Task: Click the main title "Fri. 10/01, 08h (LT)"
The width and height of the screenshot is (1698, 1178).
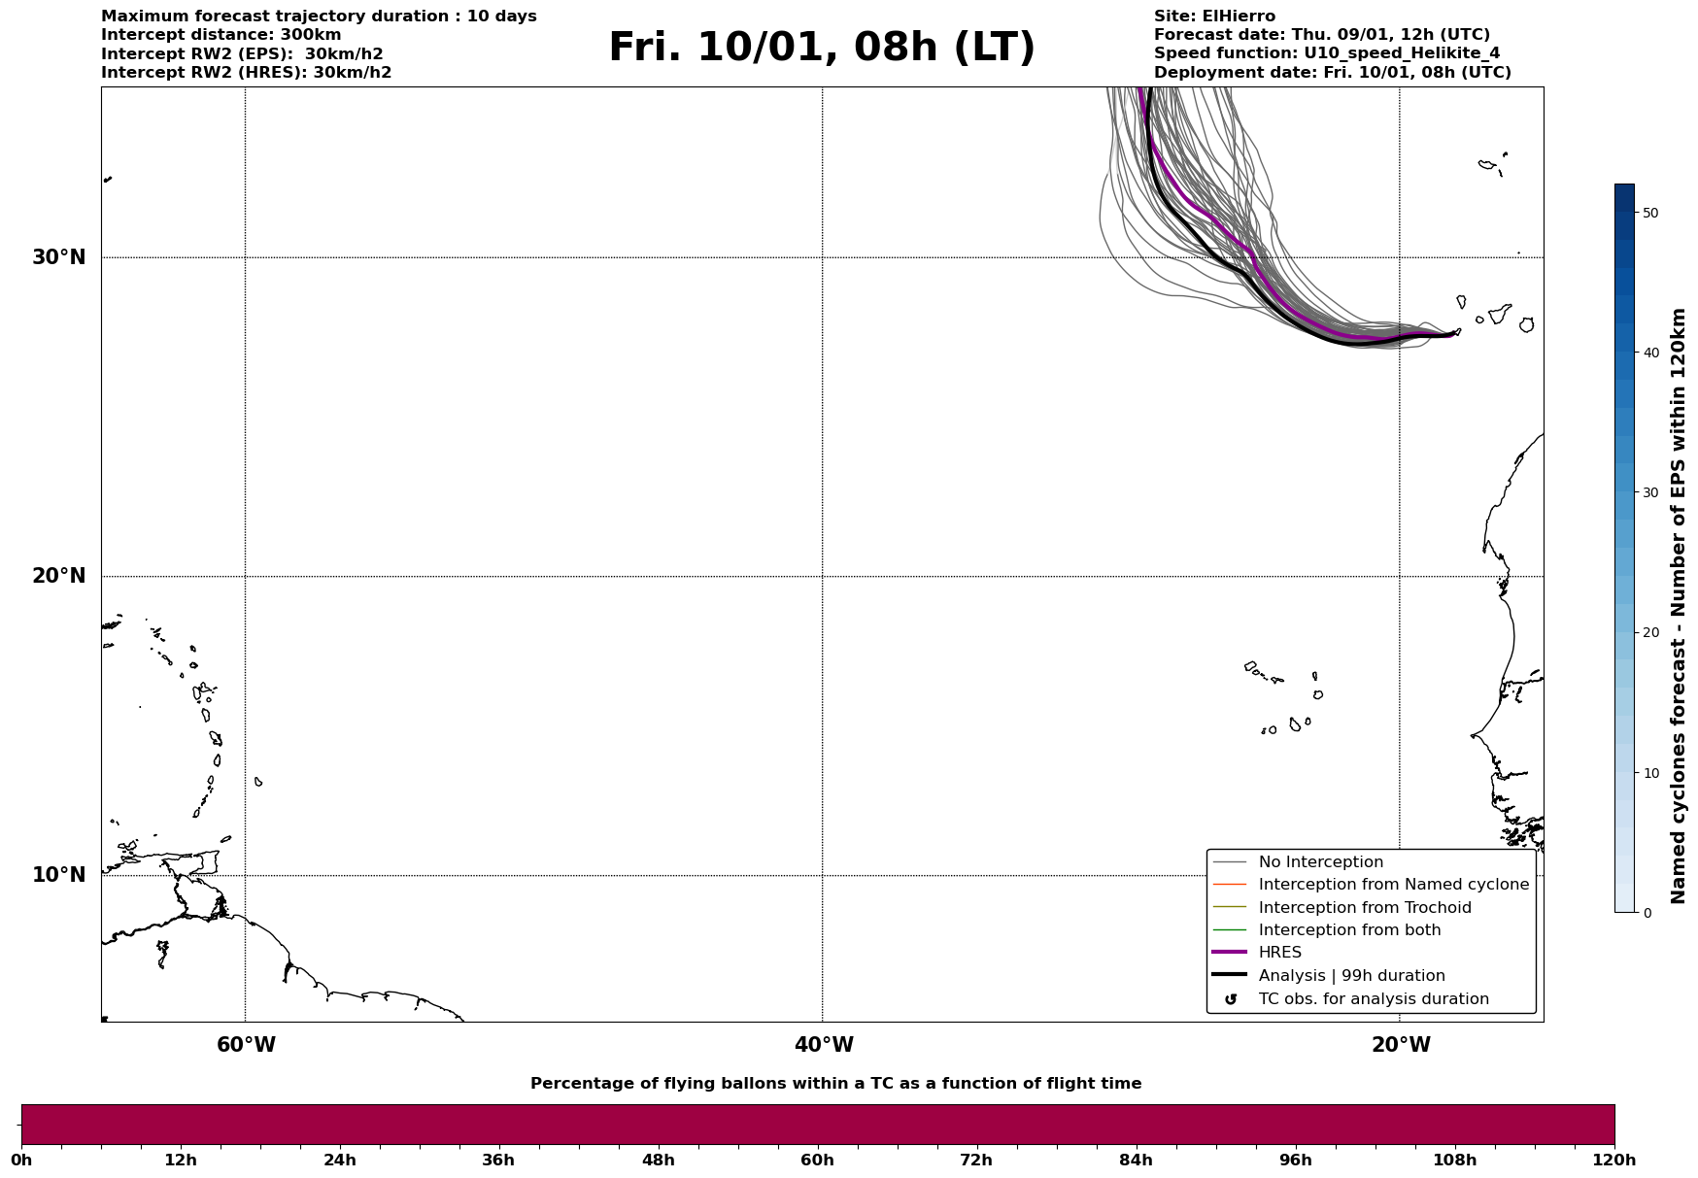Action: (822, 48)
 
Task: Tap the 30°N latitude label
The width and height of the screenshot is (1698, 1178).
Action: (59, 257)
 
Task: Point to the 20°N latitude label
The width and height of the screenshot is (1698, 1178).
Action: (59, 576)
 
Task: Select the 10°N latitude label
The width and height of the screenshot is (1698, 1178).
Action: (59, 875)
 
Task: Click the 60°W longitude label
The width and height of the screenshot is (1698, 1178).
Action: (246, 1045)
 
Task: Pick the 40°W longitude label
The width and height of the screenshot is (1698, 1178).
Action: (824, 1045)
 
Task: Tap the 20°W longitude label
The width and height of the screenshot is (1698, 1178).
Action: (1401, 1045)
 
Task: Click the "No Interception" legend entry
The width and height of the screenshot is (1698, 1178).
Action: (1320, 862)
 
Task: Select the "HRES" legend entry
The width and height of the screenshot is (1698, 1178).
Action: (1279, 953)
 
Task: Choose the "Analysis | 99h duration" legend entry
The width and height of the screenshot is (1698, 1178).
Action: (1351, 976)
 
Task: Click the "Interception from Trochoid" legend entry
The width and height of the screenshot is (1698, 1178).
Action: (1364, 908)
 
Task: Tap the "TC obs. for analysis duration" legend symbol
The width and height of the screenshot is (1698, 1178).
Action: (1231, 999)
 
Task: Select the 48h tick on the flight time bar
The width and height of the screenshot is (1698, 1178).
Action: (658, 1160)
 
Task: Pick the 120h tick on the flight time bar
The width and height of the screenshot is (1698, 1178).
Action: (1613, 1160)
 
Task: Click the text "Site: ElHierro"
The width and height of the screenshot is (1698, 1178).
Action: (1214, 17)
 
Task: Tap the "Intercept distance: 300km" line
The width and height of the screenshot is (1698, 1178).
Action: (221, 35)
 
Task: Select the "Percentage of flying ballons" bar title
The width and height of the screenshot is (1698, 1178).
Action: (835, 1084)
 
